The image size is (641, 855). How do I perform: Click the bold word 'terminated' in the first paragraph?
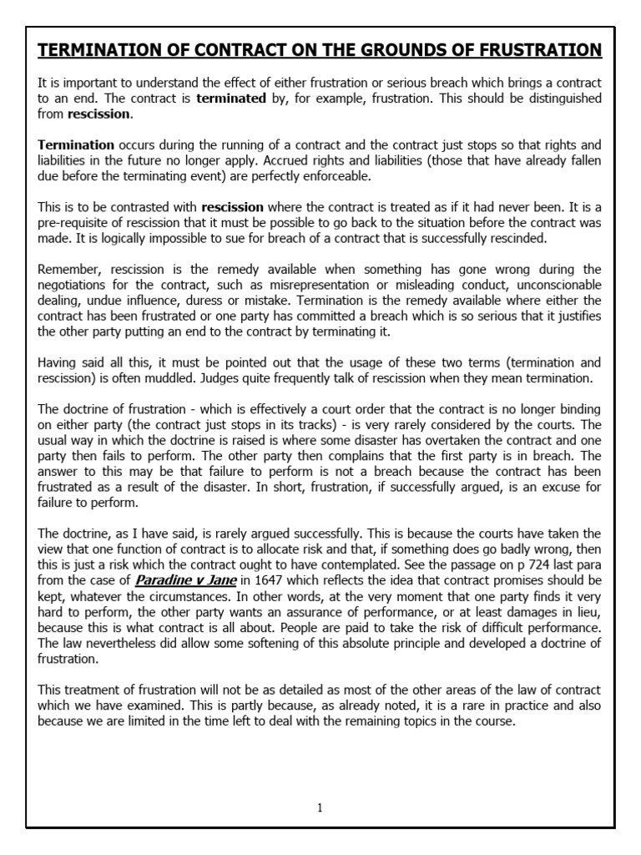click(230, 99)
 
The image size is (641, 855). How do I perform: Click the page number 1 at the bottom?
click(320, 807)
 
